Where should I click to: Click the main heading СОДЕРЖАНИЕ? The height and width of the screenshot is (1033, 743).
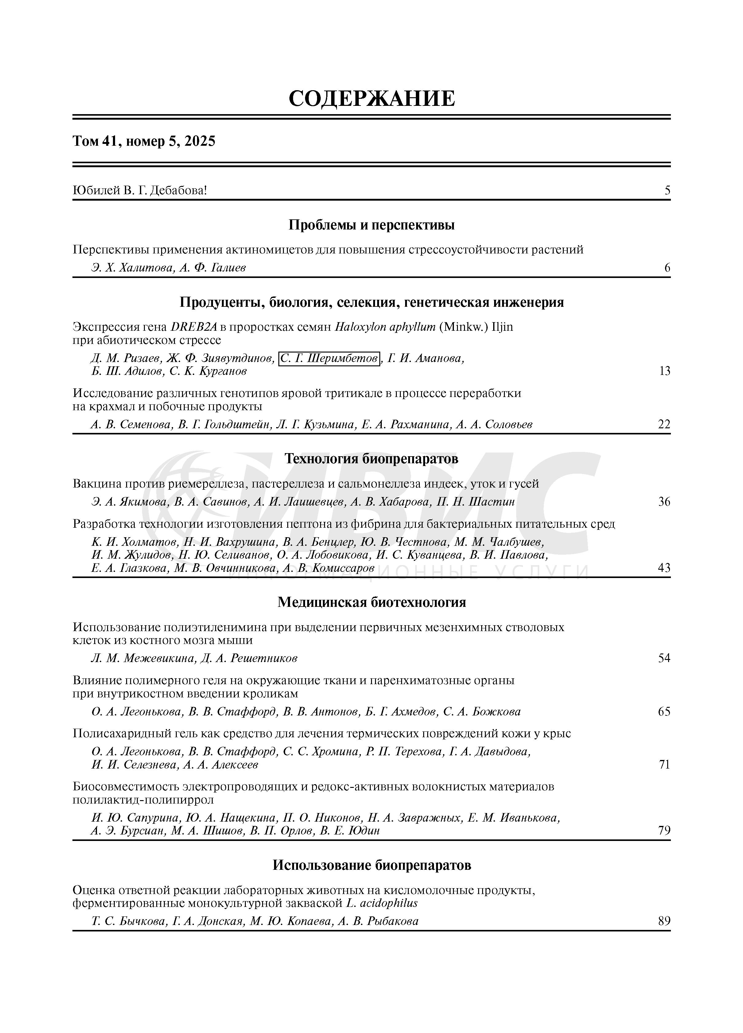pyautogui.click(x=371, y=98)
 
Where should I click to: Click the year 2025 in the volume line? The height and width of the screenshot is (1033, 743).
pyautogui.click(x=200, y=142)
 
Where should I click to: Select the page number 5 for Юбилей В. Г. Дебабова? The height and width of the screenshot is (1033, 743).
pyautogui.click(x=667, y=191)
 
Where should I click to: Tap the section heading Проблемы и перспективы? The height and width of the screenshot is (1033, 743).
pyautogui.click(x=371, y=225)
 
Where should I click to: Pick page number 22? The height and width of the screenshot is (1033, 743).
pyautogui.click(x=664, y=425)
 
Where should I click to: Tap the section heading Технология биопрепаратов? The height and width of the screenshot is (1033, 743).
pyautogui.click(x=371, y=459)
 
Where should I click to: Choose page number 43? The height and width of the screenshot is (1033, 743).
pyautogui.click(x=664, y=568)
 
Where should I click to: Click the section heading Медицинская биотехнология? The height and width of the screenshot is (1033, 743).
pyautogui.click(x=371, y=603)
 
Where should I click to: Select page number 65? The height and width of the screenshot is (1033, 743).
pyautogui.click(x=664, y=711)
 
